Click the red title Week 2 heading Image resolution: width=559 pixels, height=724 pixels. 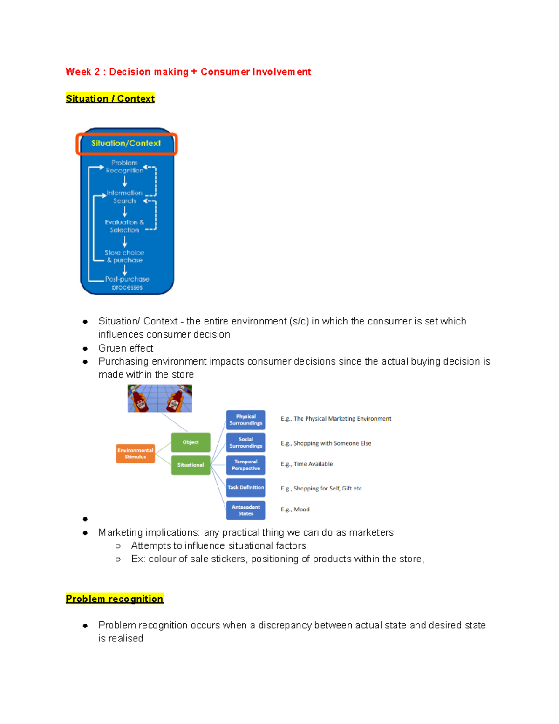click(188, 72)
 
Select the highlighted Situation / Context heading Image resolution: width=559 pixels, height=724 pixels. click(110, 99)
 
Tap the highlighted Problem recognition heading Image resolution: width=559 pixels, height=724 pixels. click(115, 599)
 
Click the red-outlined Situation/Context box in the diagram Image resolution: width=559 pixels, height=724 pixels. click(127, 144)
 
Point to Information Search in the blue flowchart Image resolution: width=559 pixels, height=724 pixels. click(124, 197)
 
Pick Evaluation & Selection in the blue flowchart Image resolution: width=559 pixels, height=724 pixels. click(124, 226)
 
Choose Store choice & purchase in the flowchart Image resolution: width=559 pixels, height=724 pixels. click(124, 256)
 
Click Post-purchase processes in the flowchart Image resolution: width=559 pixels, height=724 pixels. click(127, 283)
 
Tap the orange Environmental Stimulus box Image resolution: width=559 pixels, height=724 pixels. click(135, 454)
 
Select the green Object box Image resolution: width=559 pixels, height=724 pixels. click(191, 442)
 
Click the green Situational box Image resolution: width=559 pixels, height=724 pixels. click(191, 465)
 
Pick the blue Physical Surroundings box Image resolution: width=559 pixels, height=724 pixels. click(245, 420)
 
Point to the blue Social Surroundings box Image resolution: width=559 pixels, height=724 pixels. click(245, 442)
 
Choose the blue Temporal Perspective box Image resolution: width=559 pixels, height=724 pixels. click(245, 465)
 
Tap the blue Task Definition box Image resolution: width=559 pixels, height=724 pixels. click(245, 487)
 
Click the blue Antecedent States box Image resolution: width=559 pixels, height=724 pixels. click(245, 510)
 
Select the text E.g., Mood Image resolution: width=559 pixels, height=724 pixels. click(295, 510)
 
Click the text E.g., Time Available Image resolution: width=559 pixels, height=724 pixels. click(307, 464)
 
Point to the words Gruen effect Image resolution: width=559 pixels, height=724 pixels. click(126, 348)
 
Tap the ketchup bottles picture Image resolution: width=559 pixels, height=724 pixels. click(160, 398)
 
